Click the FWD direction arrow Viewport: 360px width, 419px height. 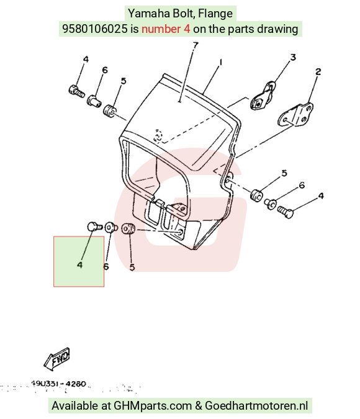[56, 359]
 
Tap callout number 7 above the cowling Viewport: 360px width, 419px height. [196, 45]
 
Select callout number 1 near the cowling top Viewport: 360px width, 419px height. [221, 62]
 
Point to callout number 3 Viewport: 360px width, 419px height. [293, 57]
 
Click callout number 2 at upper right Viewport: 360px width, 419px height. [318, 71]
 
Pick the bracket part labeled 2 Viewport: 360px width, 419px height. [296, 115]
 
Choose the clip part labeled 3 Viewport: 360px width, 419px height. [263, 96]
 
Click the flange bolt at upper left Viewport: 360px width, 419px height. [76, 91]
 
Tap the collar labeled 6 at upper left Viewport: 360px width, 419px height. [94, 101]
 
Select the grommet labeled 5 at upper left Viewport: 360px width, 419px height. [109, 110]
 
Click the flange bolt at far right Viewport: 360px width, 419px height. [285, 212]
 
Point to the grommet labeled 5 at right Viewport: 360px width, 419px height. [256, 196]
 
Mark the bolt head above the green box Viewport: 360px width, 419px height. [92, 227]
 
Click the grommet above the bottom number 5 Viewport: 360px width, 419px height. [128, 230]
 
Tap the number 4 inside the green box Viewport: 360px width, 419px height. [79, 264]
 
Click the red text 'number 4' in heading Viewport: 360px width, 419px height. [166, 29]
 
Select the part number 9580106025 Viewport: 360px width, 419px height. [95, 29]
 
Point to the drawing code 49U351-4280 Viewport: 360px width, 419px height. [58, 384]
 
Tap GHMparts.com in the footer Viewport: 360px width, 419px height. [153, 405]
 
